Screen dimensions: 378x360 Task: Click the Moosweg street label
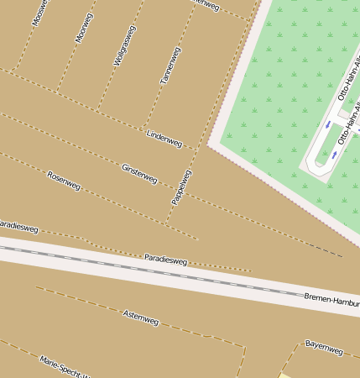pyautogui.click(x=39, y=12)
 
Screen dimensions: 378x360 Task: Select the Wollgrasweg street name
pyautogui.click(x=124, y=46)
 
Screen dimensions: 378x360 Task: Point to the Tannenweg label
pyautogui.click(x=170, y=66)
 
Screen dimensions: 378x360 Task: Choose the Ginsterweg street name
pyautogui.click(x=139, y=174)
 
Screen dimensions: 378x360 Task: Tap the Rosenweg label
pyautogui.click(x=64, y=180)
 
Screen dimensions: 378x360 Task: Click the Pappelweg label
pyautogui.click(x=181, y=186)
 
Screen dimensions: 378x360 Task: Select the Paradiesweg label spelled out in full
pyautogui.click(x=165, y=260)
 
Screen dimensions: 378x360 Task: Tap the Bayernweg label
pyautogui.click(x=324, y=347)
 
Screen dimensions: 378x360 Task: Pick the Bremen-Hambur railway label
pyautogui.click(x=331, y=299)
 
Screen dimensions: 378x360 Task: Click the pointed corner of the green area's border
pyautogui.click(x=210, y=144)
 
